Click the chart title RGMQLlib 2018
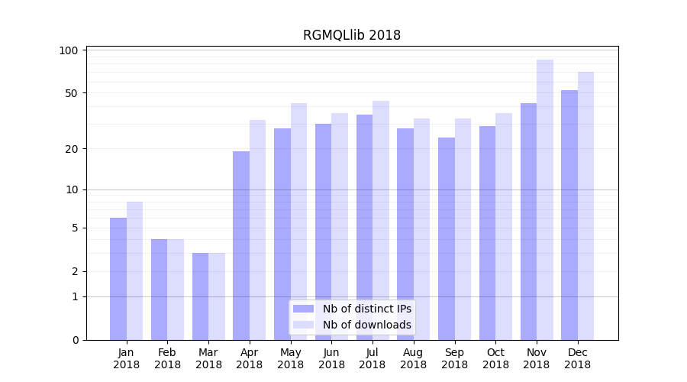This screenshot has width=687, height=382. pos(351,35)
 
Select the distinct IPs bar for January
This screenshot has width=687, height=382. pos(118,279)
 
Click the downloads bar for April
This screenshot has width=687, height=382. pos(257,229)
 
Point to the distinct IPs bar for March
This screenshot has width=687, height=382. pos(200,296)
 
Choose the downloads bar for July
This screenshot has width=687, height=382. pos(380,220)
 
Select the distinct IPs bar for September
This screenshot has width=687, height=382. pos(446,238)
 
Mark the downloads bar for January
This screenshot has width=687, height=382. pos(134,270)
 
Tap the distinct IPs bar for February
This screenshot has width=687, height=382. pos(159,290)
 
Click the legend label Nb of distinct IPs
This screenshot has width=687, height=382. pos(367,309)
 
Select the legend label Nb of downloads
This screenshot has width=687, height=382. pos(367,325)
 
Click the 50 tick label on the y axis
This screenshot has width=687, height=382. pos(72,93)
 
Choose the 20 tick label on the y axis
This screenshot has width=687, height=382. pos(72,148)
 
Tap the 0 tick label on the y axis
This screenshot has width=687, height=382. pos(76,340)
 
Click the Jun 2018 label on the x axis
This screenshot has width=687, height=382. pos(331,358)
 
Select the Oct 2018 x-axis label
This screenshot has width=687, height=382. pos(495,358)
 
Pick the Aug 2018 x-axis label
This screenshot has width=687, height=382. pos(413,358)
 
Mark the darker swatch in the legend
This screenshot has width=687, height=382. pos(304,309)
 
